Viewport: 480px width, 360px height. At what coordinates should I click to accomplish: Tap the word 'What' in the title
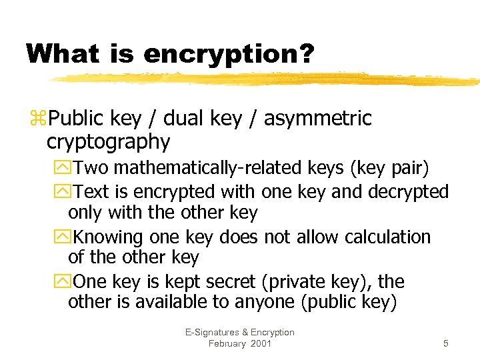pyautogui.click(x=68, y=53)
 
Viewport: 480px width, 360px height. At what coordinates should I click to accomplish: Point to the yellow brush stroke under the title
pyautogui.click(x=267, y=79)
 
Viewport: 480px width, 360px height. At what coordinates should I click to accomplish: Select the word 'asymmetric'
pyautogui.click(x=318, y=119)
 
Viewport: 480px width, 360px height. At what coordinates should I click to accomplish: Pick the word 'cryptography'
pyautogui.click(x=108, y=141)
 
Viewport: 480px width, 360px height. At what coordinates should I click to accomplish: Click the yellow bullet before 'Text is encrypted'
pyautogui.click(x=64, y=192)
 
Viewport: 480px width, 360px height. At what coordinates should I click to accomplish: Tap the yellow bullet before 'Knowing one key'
pyautogui.click(x=64, y=237)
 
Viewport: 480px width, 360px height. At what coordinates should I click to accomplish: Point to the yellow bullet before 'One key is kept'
pyautogui.click(x=64, y=282)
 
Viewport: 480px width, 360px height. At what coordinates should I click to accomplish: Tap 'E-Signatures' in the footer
pyautogui.click(x=210, y=332)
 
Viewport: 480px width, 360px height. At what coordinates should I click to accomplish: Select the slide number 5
pyautogui.click(x=445, y=343)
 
